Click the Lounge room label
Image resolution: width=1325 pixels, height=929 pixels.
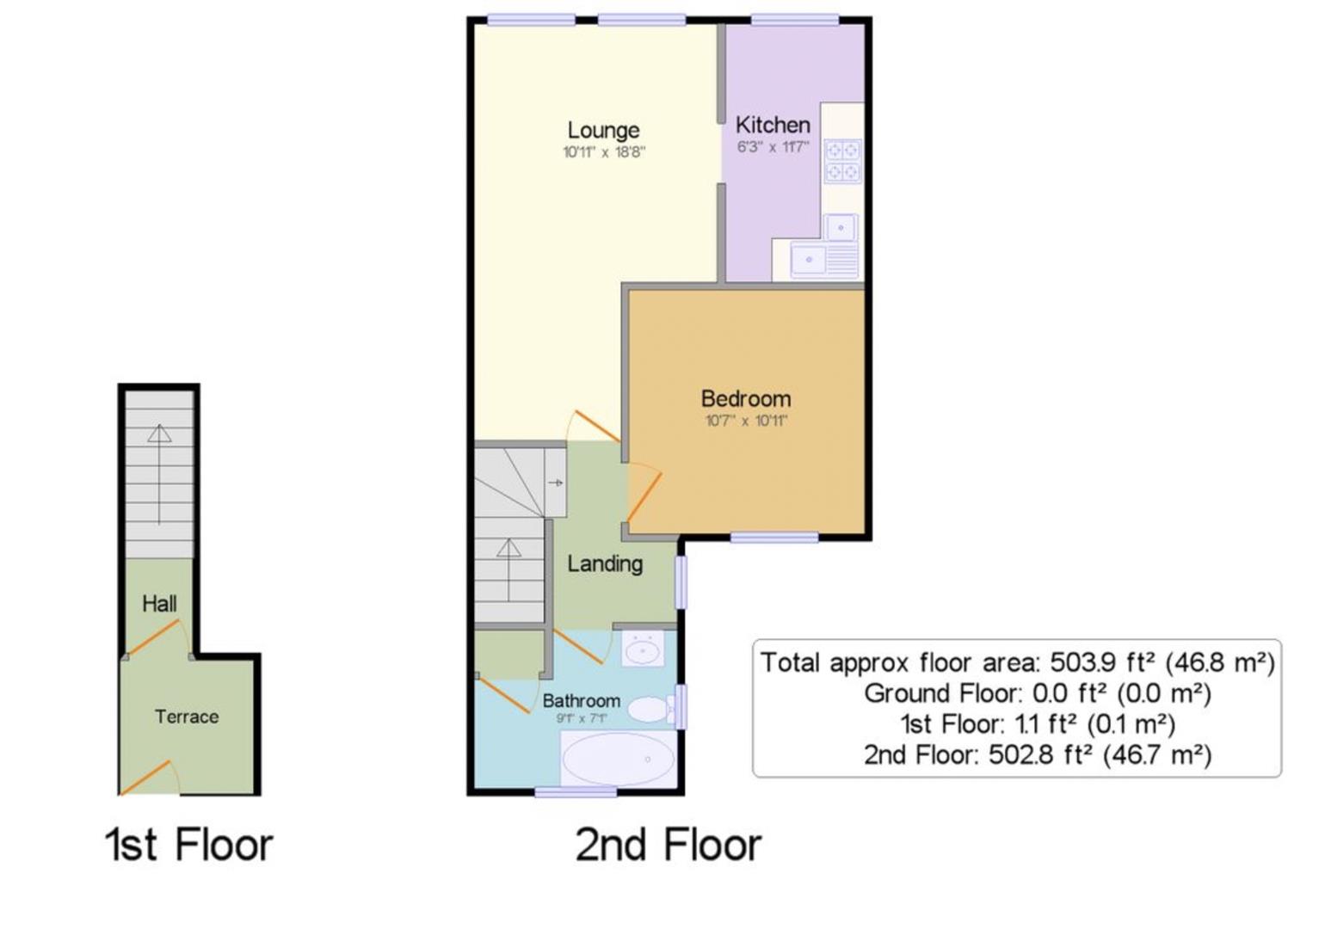(x=603, y=130)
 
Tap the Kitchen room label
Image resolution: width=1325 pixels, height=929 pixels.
(x=772, y=125)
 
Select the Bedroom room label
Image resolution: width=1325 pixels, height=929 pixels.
(x=745, y=398)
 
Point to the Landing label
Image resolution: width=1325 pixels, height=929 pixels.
(x=604, y=563)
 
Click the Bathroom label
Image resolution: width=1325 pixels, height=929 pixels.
(x=581, y=700)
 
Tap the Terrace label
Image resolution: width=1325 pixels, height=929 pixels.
(x=187, y=717)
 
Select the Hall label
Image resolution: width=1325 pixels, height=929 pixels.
(x=159, y=604)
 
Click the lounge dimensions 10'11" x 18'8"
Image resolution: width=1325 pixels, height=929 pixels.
(x=603, y=153)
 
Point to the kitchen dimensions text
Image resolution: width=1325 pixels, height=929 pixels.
(x=772, y=147)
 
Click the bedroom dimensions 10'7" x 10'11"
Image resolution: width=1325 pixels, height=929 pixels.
(x=745, y=421)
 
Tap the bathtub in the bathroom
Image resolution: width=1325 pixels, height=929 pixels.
(x=617, y=759)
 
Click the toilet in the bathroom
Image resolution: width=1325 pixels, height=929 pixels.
(x=650, y=710)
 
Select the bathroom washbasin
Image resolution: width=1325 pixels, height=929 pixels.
(x=643, y=649)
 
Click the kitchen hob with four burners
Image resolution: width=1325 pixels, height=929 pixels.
(x=842, y=161)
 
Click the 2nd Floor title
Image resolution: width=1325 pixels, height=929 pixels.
(x=668, y=845)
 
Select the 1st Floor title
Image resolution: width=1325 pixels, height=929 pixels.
(x=188, y=845)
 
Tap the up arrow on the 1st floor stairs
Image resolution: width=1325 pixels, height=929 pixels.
(x=159, y=473)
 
